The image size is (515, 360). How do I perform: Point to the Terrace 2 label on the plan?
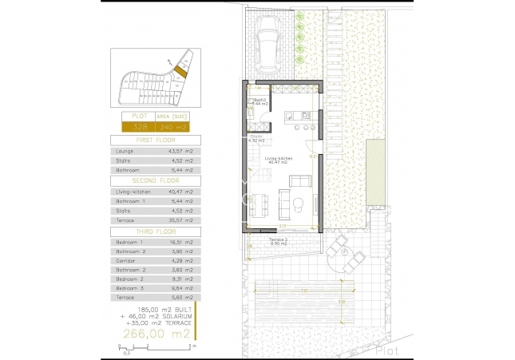[277, 239]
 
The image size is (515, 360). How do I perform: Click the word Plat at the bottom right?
[389, 349]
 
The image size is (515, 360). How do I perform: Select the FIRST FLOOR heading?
[155, 140]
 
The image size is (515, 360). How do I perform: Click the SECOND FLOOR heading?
[155, 180]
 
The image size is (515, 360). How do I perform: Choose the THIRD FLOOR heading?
[155, 230]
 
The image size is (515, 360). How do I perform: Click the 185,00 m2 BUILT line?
[154, 309]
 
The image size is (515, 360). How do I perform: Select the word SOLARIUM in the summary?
[171, 316]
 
